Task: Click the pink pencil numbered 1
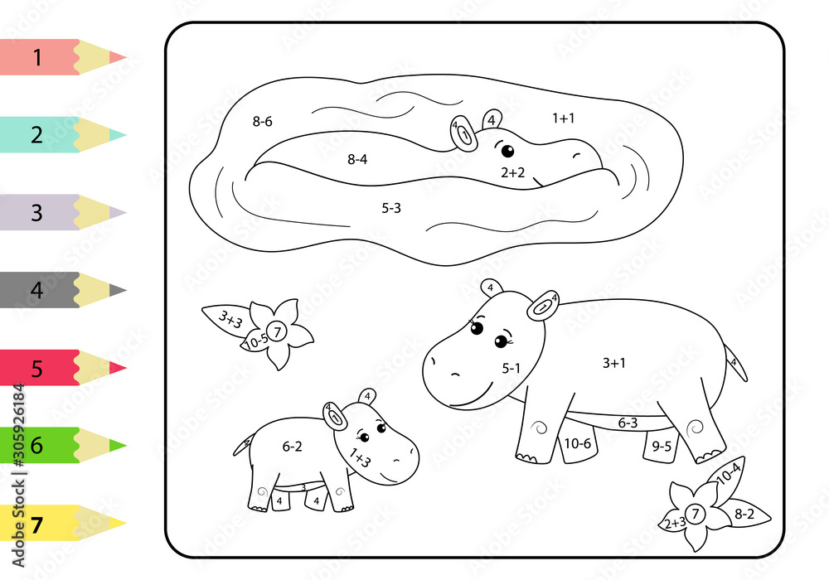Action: [58, 57]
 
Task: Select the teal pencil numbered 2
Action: [58, 134]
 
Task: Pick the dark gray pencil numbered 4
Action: [58, 290]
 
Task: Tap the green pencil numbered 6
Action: [58, 446]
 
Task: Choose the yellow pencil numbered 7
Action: [58, 524]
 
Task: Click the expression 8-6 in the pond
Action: [262, 121]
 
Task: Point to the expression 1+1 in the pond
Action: [563, 118]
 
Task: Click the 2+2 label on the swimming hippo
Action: [513, 172]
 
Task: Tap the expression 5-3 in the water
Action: [391, 208]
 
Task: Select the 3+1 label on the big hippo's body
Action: [614, 362]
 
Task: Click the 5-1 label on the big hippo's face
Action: [511, 368]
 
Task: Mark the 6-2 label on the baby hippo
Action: [292, 446]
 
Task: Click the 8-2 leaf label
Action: [744, 514]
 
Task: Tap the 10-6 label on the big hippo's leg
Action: [577, 443]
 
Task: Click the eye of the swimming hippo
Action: [507, 151]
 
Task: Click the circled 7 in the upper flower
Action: [279, 332]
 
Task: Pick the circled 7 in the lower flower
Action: [696, 515]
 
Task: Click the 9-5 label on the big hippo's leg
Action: [662, 445]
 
